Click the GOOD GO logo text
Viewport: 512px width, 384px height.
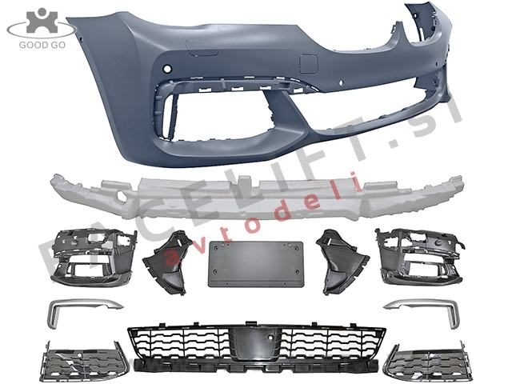click(x=42, y=45)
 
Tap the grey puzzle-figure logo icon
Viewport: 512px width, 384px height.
click(x=42, y=20)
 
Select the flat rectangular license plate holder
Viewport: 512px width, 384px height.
click(x=256, y=264)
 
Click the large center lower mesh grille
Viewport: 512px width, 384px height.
click(x=256, y=346)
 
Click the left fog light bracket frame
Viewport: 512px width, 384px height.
click(x=94, y=258)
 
